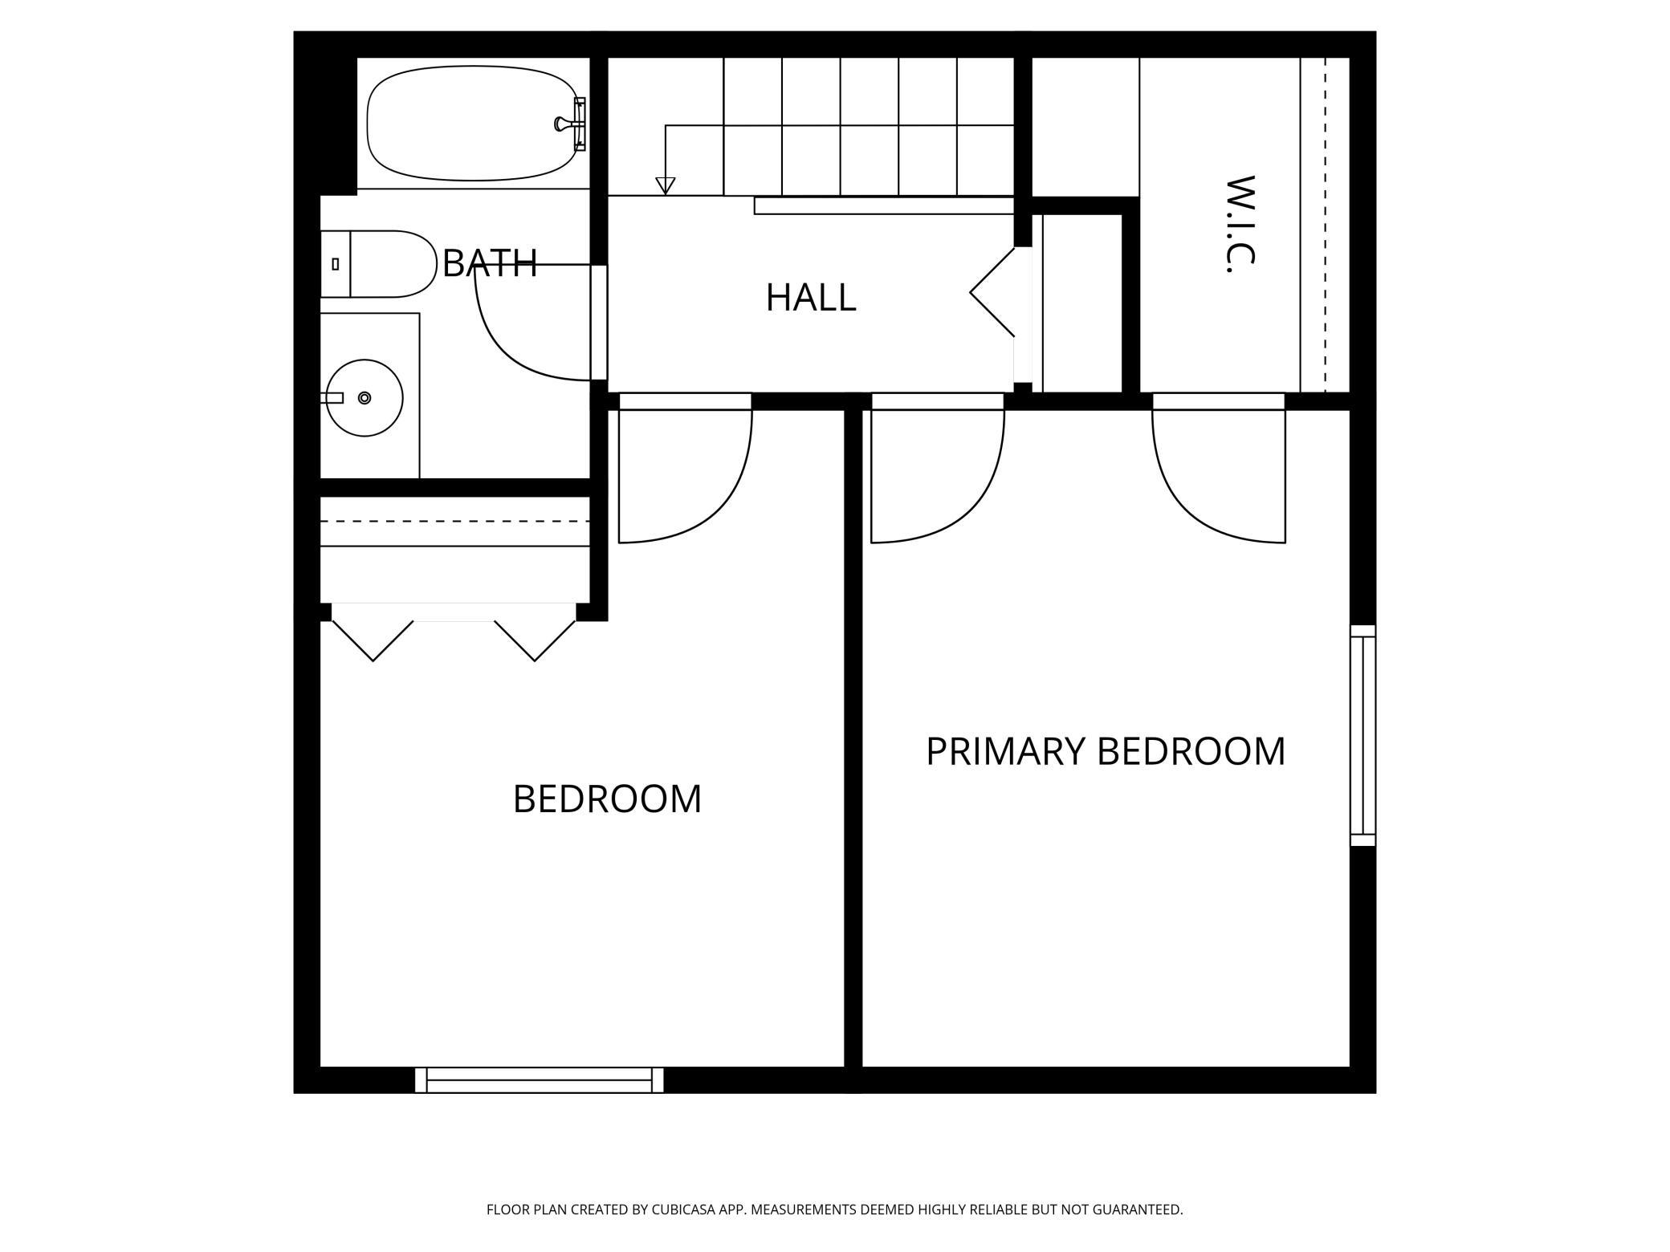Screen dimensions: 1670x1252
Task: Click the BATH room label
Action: [490, 263]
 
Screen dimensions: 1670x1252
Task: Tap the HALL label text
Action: [811, 298]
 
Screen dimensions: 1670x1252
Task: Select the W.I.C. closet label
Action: [1240, 224]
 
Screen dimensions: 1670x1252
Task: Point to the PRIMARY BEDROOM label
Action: [1106, 752]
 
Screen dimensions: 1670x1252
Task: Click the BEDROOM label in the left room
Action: [607, 799]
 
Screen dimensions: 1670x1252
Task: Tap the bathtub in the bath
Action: [473, 124]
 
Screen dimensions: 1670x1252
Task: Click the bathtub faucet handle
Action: [562, 124]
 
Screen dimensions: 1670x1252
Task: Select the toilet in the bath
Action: [377, 264]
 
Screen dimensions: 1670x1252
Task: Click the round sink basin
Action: [365, 398]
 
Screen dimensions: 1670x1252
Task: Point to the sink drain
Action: [365, 398]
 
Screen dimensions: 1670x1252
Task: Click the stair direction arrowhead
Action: [665, 185]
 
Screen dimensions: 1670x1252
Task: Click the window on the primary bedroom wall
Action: [1362, 735]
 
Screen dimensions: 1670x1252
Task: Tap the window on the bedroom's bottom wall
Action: [540, 1080]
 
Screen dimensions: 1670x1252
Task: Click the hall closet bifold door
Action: [992, 292]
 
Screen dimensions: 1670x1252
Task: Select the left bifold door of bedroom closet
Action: [373, 640]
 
